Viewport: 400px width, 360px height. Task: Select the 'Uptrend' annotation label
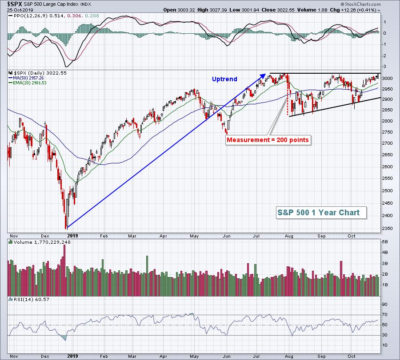point(224,79)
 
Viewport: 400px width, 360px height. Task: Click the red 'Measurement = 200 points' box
point(268,140)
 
